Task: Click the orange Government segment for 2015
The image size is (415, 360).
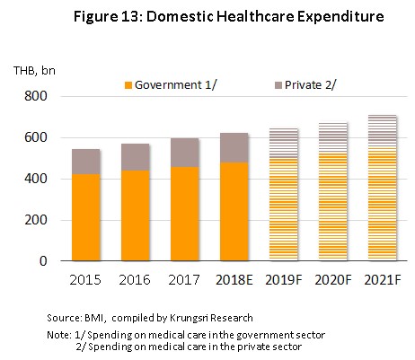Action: (86, 217)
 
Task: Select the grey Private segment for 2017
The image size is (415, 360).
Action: (184, 153)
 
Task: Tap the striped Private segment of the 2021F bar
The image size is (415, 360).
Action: (383, 131)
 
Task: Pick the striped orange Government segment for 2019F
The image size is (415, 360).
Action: (284, 209)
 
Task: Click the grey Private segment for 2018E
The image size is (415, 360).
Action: (234, 148)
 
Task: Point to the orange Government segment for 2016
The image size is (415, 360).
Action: (136, 215)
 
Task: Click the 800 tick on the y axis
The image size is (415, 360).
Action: (36, 96)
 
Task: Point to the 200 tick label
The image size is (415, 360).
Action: (36, 220)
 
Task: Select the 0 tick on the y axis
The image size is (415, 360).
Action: (43, 261)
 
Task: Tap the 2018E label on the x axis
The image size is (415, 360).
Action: (234, 280)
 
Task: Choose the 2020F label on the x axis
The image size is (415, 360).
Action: (333, 280)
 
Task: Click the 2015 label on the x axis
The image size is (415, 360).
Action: (85, 280)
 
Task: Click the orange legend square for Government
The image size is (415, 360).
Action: (128, 85)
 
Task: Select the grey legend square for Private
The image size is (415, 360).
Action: (278, 85)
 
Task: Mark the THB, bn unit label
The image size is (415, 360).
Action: (34, 70)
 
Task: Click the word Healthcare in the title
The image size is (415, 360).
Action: (254, 16)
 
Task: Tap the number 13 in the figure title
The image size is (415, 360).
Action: (129, 16)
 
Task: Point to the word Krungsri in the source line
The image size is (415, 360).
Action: (188, 318)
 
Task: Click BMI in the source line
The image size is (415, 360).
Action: (94, 318)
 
